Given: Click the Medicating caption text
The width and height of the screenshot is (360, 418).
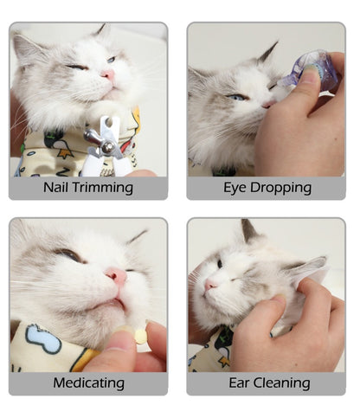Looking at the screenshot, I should coord(88,383).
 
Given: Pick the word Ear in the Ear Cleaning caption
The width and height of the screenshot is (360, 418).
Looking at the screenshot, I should coord(241,383).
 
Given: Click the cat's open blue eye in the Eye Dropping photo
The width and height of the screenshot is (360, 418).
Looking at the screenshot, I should coord(238,97).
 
